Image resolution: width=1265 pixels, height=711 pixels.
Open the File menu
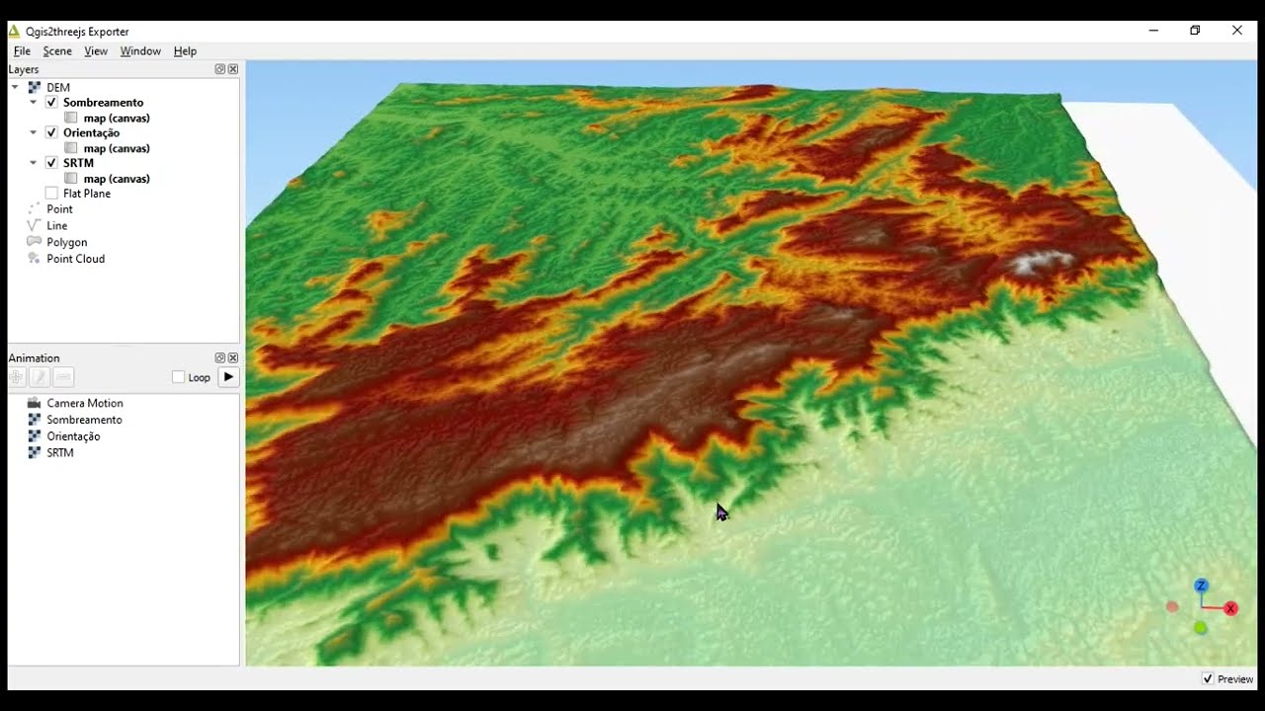click(22, 51)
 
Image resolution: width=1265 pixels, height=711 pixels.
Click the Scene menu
click(57, 51)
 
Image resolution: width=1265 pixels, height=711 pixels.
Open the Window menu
click(140, 51)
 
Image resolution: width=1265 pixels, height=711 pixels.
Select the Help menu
click(185, 51)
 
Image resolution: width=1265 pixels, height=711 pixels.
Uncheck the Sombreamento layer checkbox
click(51, 103)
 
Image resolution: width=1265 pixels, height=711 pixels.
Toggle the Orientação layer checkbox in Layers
click(51, 133)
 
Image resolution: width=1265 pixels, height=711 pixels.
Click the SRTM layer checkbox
click(51, 163)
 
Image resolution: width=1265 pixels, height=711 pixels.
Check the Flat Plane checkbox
click(51, 194)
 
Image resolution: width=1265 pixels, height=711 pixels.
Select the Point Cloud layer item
click(75, 259)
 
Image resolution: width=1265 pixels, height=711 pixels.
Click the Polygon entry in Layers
click(66, 242)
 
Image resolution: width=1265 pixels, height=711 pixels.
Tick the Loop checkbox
click(178, 377)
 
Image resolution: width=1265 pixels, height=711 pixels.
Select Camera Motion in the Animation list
click(85, 403)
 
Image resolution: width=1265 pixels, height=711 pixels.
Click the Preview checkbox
click(1208, 679)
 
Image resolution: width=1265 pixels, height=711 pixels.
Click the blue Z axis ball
click(1202, 586)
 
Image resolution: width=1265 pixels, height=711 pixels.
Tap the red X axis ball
click(1230, 608)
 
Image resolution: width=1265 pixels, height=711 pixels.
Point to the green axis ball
click(1200, 628)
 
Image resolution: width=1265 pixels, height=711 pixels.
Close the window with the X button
click(1236, 31)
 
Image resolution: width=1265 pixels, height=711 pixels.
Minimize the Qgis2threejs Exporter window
click(1153, 31)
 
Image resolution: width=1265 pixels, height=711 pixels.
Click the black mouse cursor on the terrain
click(721, 512)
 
